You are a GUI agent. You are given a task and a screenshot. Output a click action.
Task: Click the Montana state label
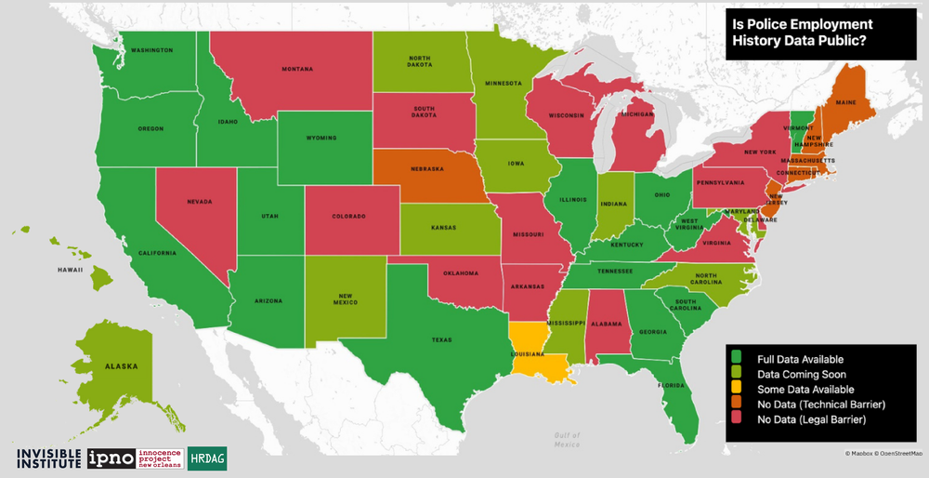pyautogui.click(x=297, y=69)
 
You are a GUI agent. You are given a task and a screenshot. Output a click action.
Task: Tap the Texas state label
pyautogui.click(x=441, y=339)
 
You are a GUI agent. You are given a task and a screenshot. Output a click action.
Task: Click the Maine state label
pyautogui.click(x=846, y=102)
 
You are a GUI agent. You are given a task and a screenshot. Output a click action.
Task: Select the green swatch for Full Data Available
pyautogui.click(x=736, y=358)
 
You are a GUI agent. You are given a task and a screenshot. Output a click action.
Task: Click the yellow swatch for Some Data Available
pyautogui.click(x=736, y=390)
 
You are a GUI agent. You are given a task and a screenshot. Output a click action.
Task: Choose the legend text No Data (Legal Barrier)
pyautogui.click(x=812, y=421)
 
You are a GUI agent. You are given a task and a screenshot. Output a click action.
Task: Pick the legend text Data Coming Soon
pyautogui.click(x=801, y=374)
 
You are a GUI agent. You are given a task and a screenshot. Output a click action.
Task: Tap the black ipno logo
pyautogui.click(x=111, y=458)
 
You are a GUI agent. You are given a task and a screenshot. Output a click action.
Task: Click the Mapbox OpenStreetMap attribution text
pyautogui.click(x=883, y=453)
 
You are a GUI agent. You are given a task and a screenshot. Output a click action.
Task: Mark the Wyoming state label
pyautogui.click(x=321, y=139)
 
